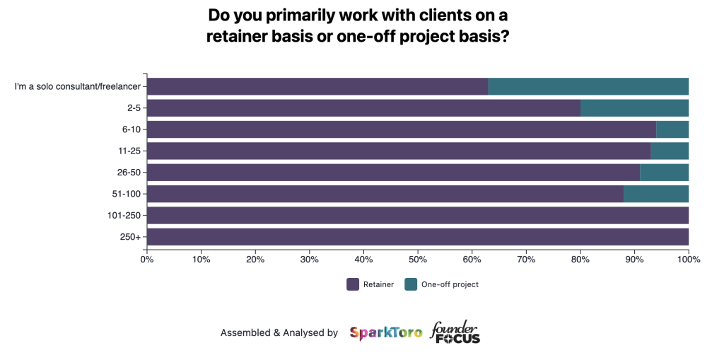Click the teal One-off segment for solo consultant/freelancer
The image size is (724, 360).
(588, 86)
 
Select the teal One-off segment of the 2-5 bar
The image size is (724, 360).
(634, 108)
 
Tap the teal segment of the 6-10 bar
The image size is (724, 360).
(672, 129)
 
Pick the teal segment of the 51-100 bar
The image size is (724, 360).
(656, 194)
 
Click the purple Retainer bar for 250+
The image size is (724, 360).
(418, 237)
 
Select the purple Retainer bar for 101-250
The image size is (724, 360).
(418, 215)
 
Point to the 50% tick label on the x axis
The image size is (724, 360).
(418, 260)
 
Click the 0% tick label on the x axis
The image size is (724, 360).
(147, 260)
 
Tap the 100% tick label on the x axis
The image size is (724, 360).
(688, 260)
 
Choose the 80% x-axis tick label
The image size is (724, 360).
(580, 260)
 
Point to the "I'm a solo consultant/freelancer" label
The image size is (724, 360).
(77, 87)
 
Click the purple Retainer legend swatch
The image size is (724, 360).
(353, 284)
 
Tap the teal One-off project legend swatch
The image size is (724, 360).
(411, 284)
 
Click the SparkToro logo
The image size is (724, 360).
(385, 332)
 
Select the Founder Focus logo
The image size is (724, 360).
(455, 332)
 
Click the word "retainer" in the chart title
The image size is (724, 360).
(238, 37)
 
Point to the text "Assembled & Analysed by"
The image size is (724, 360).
(279, 332)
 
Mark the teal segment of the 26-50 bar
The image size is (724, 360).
(664, 173)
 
